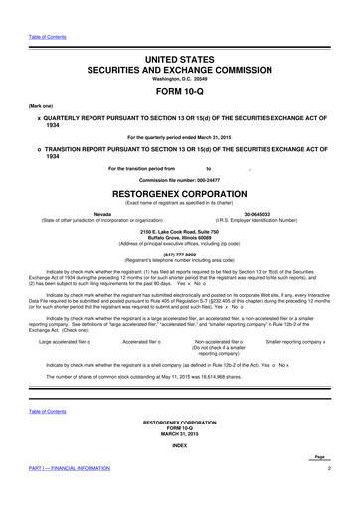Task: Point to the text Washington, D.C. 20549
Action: coord(181,63)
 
